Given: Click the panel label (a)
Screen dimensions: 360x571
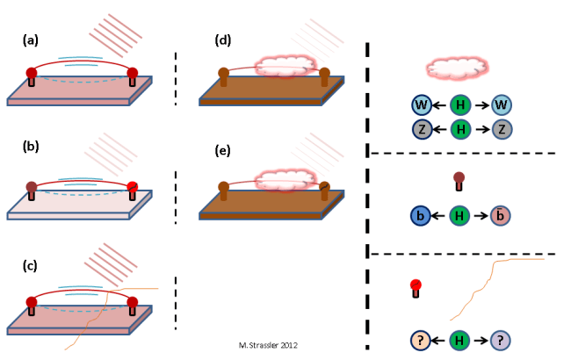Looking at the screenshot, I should pyautogui.click(x=31, y=40).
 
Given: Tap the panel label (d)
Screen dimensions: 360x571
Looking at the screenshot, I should pyautogui.click(x=223, y=40).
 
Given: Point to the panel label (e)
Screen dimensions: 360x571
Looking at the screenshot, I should pyautogui.click(x=223, y=150).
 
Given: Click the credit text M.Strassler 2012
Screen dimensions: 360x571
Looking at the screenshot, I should pyautogui.click(x=268, y=345).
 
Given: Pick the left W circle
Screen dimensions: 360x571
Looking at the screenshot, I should pyautogui.click(x=421, y=105).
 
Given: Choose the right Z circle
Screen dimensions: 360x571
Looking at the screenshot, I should pyautogui.click(x=502, y=129).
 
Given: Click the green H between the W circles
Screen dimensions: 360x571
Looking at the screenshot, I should pyautogui.click(x=460, y=105).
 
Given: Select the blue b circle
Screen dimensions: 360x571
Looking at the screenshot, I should pyautogui.click(x=421, y=216).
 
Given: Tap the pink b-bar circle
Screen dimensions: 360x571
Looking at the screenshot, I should pyautogui.click(x=502, y=216).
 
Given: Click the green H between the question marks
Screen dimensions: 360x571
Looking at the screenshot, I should pyautogui.click(x=460, y=340).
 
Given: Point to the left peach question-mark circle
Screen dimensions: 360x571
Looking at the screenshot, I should pyautogui.click(x=421, y=340).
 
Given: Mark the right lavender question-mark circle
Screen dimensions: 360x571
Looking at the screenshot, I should pyautogui.click(x=502, y=340).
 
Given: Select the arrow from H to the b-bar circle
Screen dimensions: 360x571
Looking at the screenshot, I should pyautogui.click(x=481, y=216).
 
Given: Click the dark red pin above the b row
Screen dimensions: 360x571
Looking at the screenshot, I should pyautogui.click(x=458, y=181).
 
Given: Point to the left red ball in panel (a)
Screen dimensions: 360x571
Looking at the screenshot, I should pyautogui.click(x=32, y=73).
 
